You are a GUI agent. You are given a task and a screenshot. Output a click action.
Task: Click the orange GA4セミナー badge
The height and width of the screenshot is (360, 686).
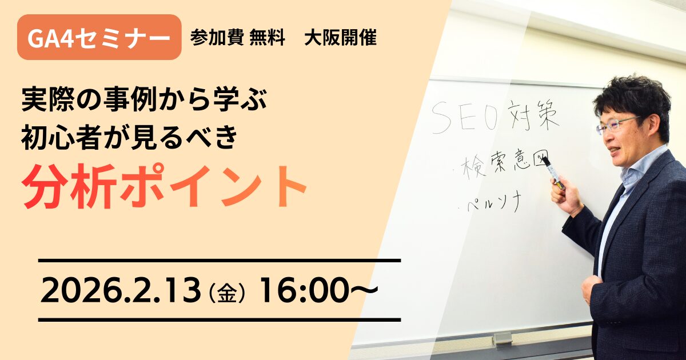click(99, 38)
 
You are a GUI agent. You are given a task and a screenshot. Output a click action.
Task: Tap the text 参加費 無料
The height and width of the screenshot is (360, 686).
click(238, 38)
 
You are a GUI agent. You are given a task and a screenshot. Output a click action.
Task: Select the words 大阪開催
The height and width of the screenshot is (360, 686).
click(340, 38)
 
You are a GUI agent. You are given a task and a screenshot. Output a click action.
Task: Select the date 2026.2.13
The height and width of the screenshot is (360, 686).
click(121, 291)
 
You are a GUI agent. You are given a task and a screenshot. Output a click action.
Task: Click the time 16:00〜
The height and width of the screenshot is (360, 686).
click(318, 291)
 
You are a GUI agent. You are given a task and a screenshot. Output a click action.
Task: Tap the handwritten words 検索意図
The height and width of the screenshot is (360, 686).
click(503, 163)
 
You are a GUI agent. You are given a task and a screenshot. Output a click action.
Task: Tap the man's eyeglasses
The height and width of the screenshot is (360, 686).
click(616, 124)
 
